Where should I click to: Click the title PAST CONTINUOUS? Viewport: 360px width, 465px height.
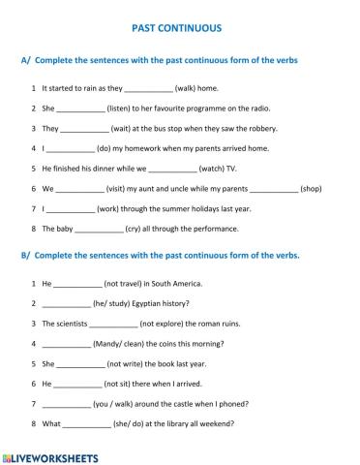(180, 29)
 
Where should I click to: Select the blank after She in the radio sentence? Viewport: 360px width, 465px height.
(80, 108)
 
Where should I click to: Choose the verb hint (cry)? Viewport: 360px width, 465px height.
(137, 229)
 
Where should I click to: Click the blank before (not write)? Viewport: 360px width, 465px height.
(81, 363)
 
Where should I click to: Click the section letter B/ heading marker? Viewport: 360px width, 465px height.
(26, 256)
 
